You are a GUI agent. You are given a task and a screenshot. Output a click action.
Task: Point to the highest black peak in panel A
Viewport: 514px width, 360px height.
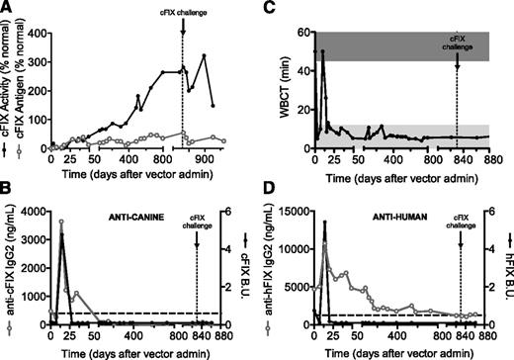pos(205,55)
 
